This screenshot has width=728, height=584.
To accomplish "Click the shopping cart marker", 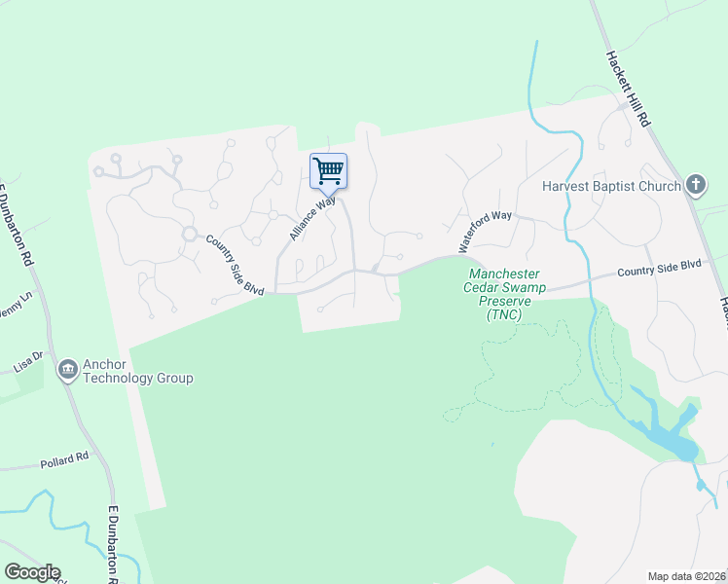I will click(x=329, y=171).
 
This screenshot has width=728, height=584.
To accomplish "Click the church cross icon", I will click(x=695, y=183).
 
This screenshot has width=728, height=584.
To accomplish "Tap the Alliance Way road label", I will click(x=312, y=219).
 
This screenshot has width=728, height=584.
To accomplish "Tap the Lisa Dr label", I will click(x=28, y=361).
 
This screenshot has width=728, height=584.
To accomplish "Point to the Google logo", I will click(x=32, y=572).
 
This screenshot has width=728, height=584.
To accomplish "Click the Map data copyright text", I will click(x=686, y=576).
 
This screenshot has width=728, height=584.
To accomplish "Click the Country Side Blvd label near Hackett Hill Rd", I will click(x=659, y=266).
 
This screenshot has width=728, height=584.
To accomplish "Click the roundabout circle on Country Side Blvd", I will click(x=189, y=235).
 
